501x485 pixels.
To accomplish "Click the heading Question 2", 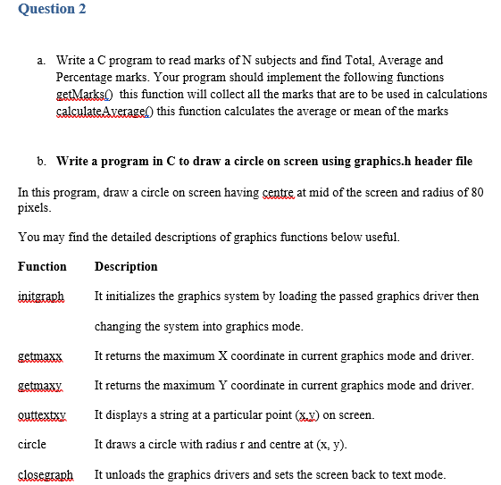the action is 44,9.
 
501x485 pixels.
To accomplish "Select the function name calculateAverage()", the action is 104,111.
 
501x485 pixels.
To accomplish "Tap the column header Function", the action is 42,266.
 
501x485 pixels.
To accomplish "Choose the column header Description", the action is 126,266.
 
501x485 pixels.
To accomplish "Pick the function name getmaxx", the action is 40,356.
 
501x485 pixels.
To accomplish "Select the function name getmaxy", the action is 40,386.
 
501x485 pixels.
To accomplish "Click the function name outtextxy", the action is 42,415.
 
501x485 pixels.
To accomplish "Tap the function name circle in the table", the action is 32,444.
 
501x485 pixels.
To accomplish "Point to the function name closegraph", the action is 46,474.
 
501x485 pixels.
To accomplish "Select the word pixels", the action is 34,207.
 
